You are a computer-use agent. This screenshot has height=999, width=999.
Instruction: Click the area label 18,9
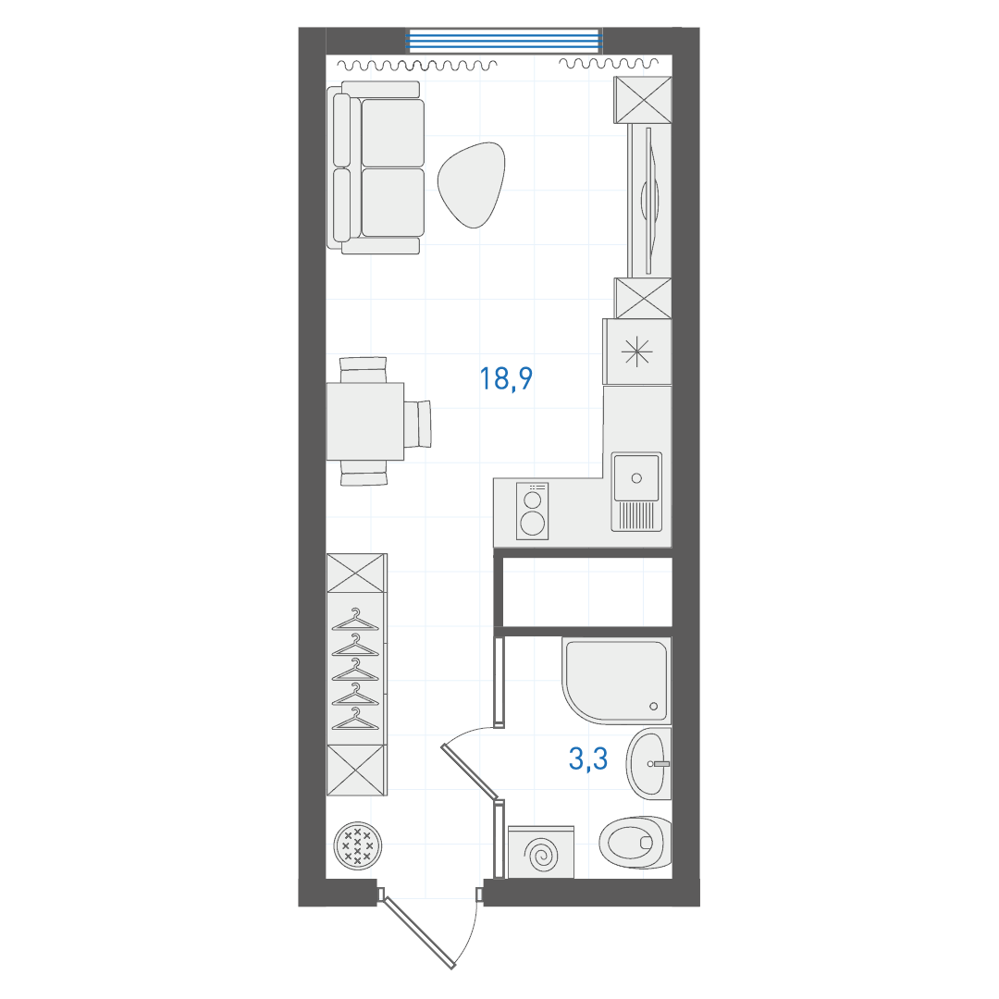[506, 378]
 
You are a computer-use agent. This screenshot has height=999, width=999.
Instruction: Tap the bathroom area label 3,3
[588, 758]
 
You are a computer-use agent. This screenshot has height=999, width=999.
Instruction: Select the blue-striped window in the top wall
[505, 41]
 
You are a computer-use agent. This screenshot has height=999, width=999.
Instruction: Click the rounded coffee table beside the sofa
[471, 185]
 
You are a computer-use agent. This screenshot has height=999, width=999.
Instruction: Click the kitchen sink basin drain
[635, 478]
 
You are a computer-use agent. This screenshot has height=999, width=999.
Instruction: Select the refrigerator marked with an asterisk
[637, 352]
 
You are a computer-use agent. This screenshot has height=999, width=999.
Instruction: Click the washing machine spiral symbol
[540, 853]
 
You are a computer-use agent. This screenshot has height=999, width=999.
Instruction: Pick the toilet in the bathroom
[635, 843]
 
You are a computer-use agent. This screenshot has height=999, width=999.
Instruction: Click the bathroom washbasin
[648, 763]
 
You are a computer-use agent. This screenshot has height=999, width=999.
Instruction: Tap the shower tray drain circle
[653, 706]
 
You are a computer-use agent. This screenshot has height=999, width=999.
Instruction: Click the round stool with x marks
[358, 845]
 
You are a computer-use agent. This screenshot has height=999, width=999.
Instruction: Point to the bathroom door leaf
[470, 771]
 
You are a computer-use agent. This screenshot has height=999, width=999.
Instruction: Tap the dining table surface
[365, 421]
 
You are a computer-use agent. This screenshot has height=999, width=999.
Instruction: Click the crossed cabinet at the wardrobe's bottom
[356, 771]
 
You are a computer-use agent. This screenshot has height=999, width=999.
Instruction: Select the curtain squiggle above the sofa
[416, 65]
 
